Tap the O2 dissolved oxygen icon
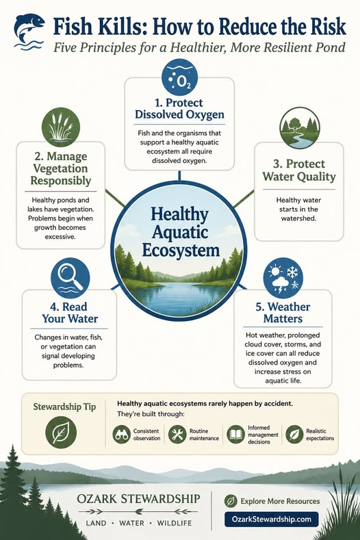pyautogui.click(x=179, y=80)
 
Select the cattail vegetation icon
pyautogui.click(x=61, y=127)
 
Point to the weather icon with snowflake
pyautogui.click(x=283, y=278)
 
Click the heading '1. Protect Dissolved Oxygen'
pyautogui.click(x=179, y=109)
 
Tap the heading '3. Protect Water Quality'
pyautogui.click(x=299, y=170)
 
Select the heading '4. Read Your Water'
pyautogui.click(x=70, y=313)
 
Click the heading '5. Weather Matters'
pyautogui.click(x=283, y=313)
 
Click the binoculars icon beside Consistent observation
pyautogui.click(x=122, y=435)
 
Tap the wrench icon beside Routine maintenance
pyautogui.click(x=177, y=435)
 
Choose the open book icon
pyautogui.click(x=235, y=435)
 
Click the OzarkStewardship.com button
pyautogui.click(x=272, y=519)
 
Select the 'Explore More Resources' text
pyautogui.click(x=280, y=502)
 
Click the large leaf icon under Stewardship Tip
pyautogui.click(x=61, y=433)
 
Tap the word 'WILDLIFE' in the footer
pyautogui.click(x=175, y=523)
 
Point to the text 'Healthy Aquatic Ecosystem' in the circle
pyautogui.click(x=180, y=232)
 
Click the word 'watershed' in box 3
pyautogui.click(x=298, y=218)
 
